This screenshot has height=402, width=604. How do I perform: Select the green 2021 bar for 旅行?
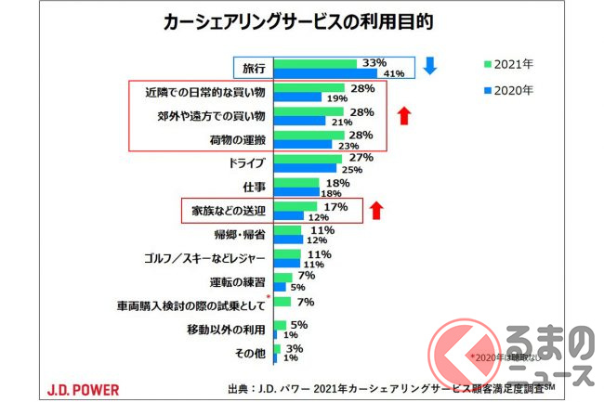[316, 63]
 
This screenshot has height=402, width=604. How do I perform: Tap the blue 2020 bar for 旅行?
[325, 73]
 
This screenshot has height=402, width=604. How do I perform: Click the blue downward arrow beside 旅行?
[429, 66]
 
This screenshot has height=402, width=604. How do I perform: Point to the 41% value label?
[395, 74]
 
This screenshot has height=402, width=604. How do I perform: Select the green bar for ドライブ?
[308, 159]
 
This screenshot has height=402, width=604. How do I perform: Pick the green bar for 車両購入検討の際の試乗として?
[282, 302]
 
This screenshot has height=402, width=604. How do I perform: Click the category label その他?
[251, 354]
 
